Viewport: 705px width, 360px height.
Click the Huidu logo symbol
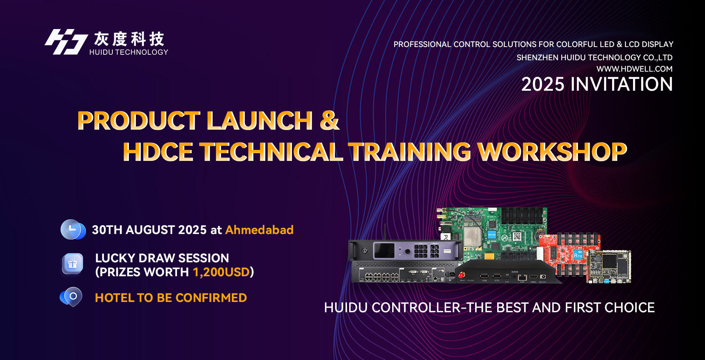[x=66, y=42]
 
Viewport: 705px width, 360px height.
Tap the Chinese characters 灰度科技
[x=129, y=39]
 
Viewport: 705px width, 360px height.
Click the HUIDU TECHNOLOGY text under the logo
[x=129, y=52]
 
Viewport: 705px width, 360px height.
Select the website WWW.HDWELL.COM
[x=634, y=69]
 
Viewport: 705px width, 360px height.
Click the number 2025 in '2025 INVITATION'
[x=543, y=84]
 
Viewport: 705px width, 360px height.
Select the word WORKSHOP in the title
[x=552, y=152]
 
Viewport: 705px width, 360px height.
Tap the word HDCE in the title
[x=158, y=152]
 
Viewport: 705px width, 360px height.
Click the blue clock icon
[x=73, y=230]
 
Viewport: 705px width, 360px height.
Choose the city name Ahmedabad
[x=259, y=230]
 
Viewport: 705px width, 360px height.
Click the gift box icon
[x=73, y=264]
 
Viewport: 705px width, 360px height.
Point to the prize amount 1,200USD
[x=221, y=272]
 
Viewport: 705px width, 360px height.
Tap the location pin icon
[x=72, y=297]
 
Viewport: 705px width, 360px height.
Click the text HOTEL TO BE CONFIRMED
[x=171, y=298]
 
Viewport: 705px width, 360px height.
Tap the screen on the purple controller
[x=384, y=251]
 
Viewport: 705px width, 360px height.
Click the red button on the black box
[x=462, y=274]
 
